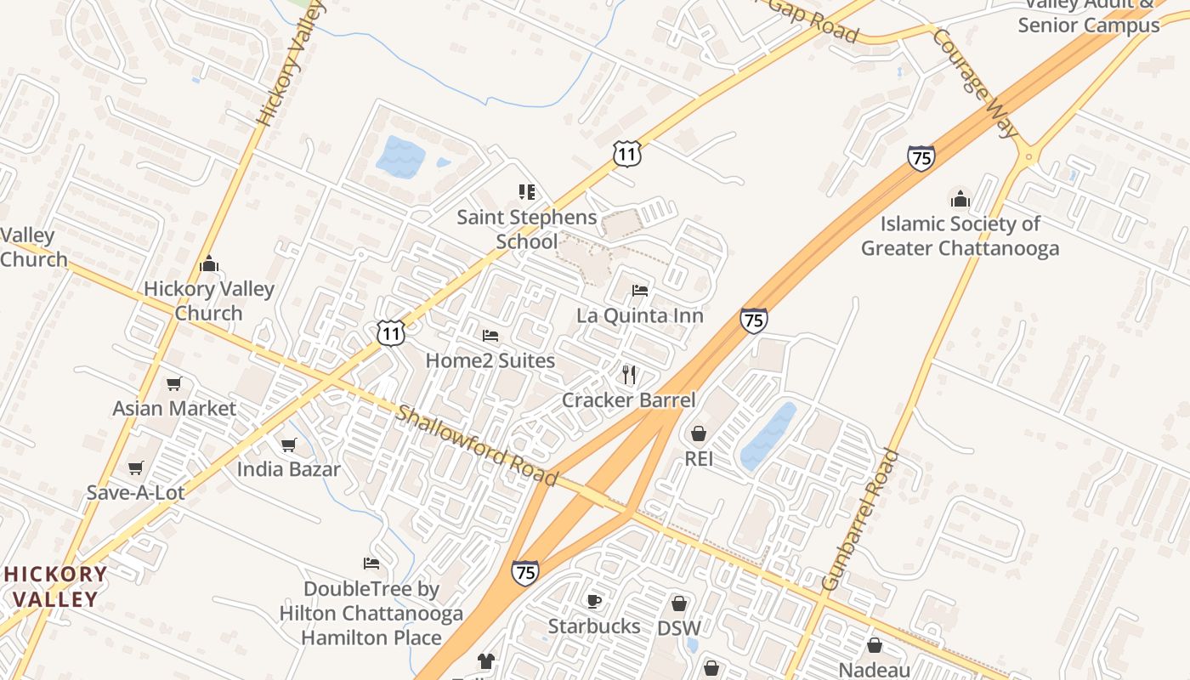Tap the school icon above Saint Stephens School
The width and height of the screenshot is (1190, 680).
(x=527, y=192)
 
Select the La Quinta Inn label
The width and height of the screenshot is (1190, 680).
(x=639, y=316)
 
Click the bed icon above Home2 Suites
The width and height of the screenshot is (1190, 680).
(x=490, y=336)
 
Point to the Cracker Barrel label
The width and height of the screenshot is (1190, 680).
(x=628, y=400)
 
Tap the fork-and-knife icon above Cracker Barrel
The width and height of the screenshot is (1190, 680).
(x=629, y=374)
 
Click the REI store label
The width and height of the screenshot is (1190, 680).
(x=699, y=459)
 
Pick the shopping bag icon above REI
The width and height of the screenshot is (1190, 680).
(x=699, y=434)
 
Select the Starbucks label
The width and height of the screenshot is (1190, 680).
(x=593, y=626)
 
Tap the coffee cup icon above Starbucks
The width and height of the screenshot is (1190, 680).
(x=594, y=601)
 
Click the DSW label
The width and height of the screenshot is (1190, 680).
(x=679, y=629)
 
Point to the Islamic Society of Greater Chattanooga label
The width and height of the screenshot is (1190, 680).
(x=960, y=236)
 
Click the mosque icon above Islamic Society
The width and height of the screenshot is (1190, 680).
(x=960, y=199)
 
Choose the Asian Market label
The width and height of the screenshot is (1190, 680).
(x=174, y=408)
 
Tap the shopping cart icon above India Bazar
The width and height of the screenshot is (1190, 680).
(x=288, y=445)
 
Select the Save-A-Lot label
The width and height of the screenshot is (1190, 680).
(x=135, y=493)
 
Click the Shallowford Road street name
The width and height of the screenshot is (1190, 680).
(x=477, y=445)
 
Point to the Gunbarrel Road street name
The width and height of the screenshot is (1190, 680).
(x=861, y=519)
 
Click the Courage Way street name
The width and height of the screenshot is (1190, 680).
(x=974, y=82)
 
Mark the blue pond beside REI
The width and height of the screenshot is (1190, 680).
(x=769, y=436)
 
